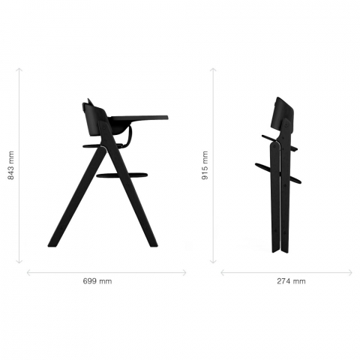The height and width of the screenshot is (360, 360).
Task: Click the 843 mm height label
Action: [11, 166]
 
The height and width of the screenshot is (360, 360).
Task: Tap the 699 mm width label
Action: [97, 281]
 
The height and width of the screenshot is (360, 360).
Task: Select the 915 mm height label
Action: [205, 165]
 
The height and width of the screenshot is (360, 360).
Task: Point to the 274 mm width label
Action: [291, 281]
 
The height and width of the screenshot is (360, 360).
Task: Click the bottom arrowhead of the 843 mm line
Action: [19, 262]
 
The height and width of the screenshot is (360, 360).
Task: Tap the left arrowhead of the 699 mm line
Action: [28, 273]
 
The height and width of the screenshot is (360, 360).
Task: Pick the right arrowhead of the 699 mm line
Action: [185, 273]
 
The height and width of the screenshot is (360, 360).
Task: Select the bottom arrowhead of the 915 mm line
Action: [213, 262]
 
